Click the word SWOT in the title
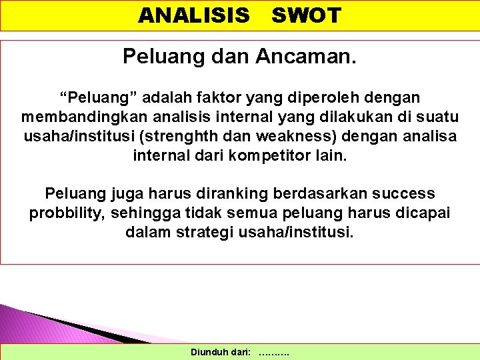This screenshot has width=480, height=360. (306, 15)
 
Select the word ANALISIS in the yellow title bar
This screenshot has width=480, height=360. (193, 15)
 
